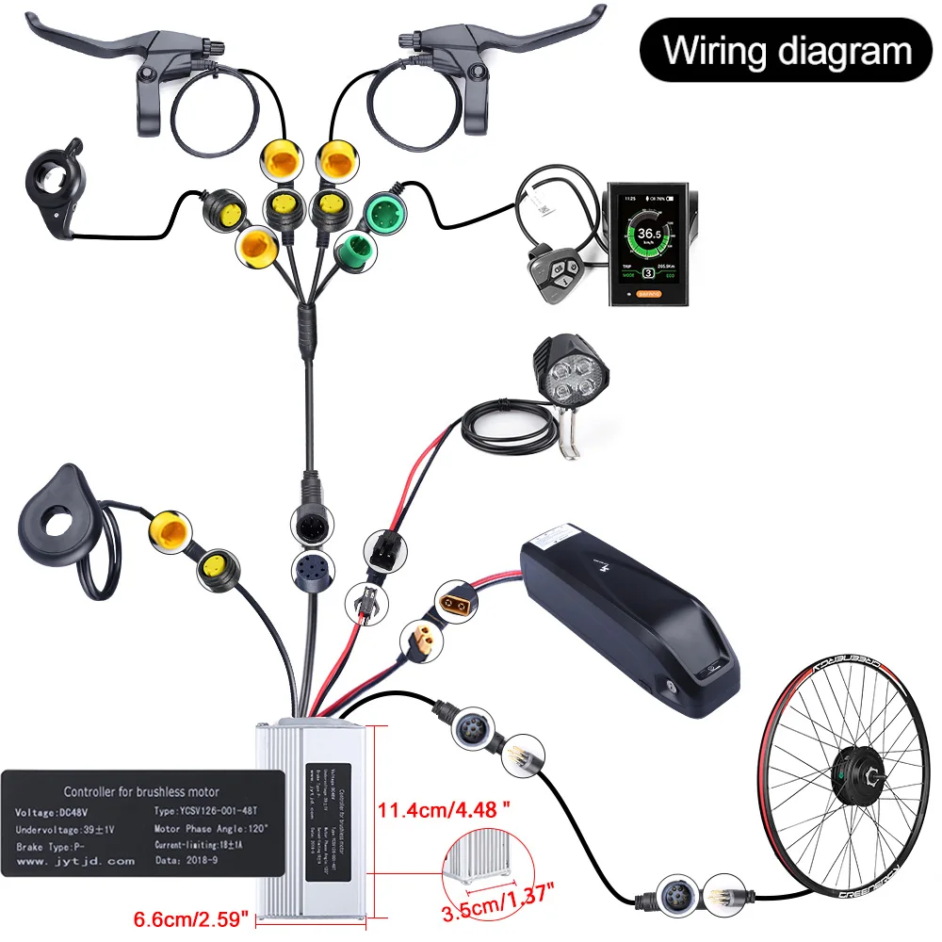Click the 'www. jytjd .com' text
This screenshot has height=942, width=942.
tap(74, 860)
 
